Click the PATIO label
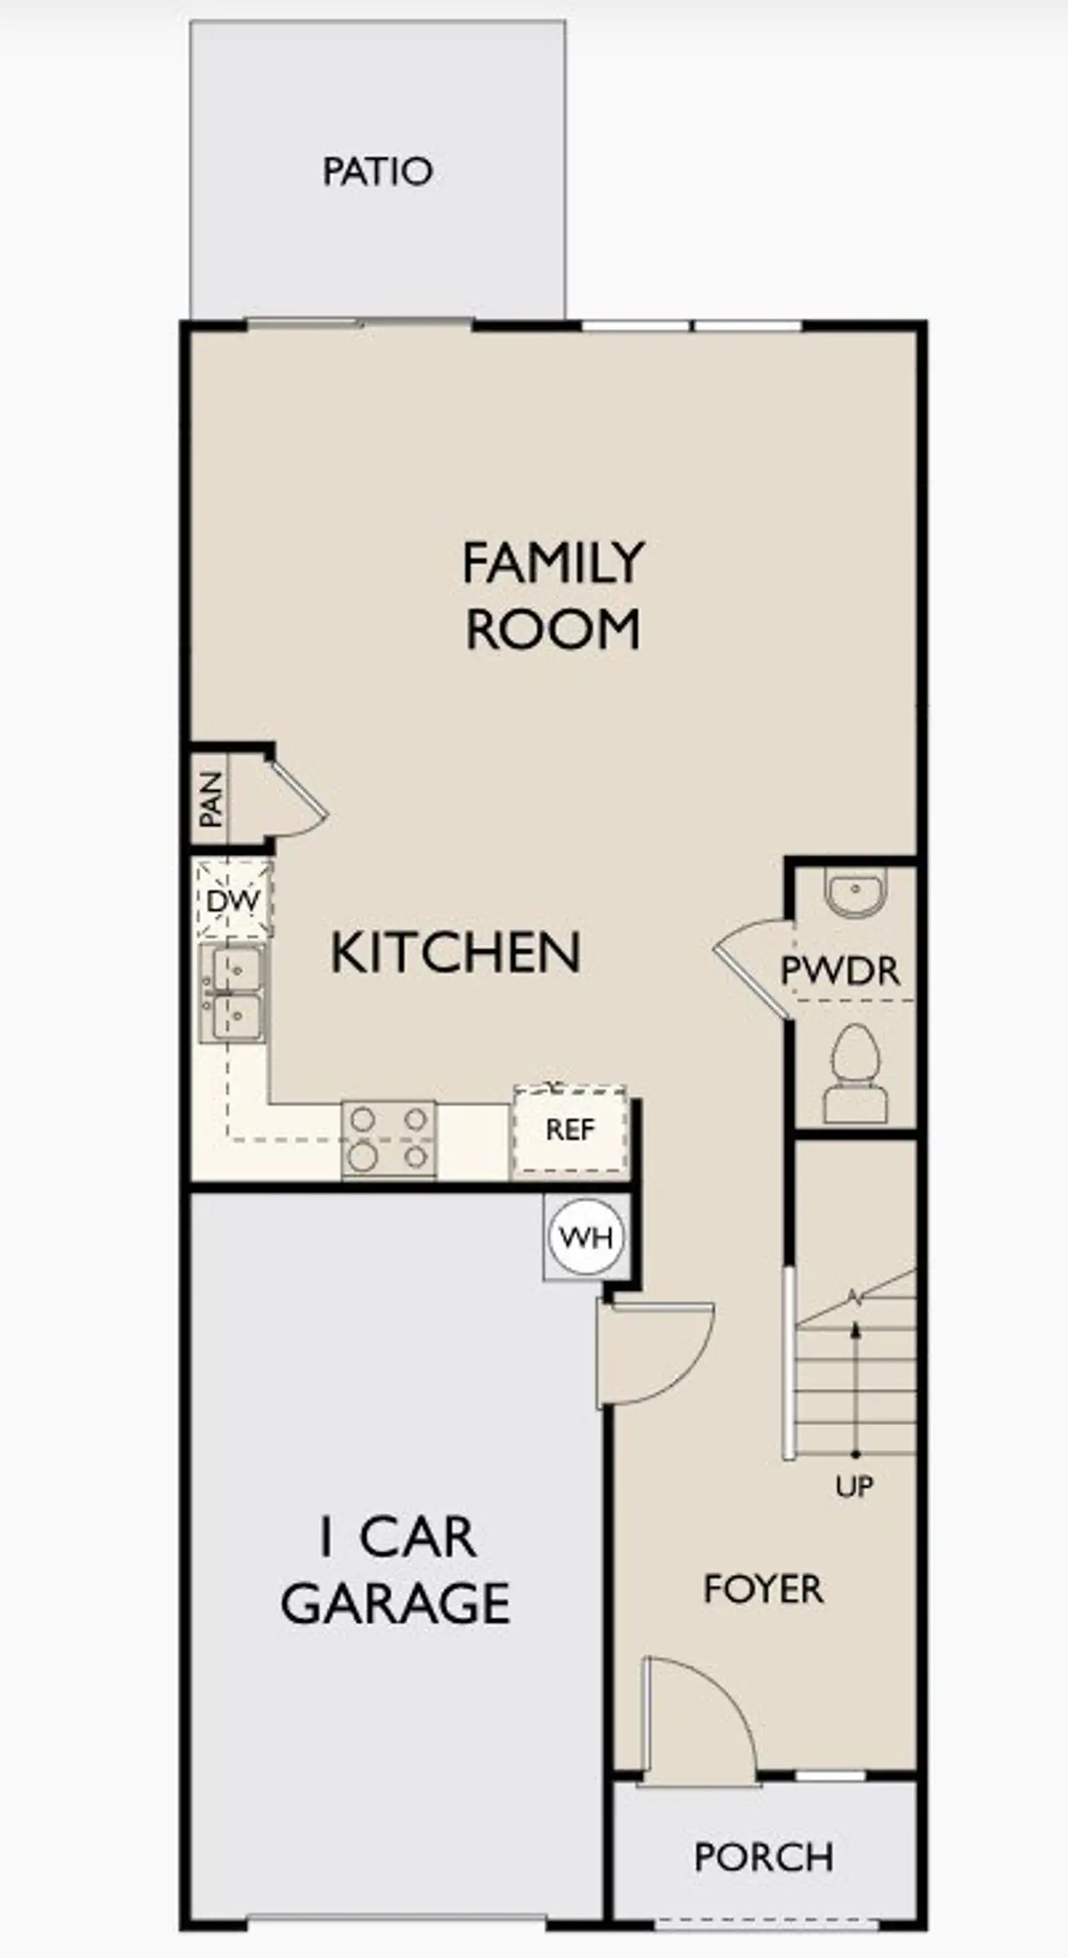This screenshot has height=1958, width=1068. (378, 171)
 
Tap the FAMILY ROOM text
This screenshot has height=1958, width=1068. (553, 596)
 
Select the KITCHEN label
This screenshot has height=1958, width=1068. (456, 953)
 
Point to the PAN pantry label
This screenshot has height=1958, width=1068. (211, 798)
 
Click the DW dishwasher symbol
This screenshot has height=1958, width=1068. (233, 901)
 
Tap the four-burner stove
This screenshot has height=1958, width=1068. (389, 1140)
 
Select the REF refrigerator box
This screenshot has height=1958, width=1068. (571, 1130)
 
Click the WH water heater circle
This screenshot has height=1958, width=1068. (587, 1237)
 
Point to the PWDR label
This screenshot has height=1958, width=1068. (840, 971)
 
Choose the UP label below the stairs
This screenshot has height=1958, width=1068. (854, 1486)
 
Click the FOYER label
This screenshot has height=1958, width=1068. (763, 1589)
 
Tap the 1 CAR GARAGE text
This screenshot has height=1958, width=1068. (395, 1569)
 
